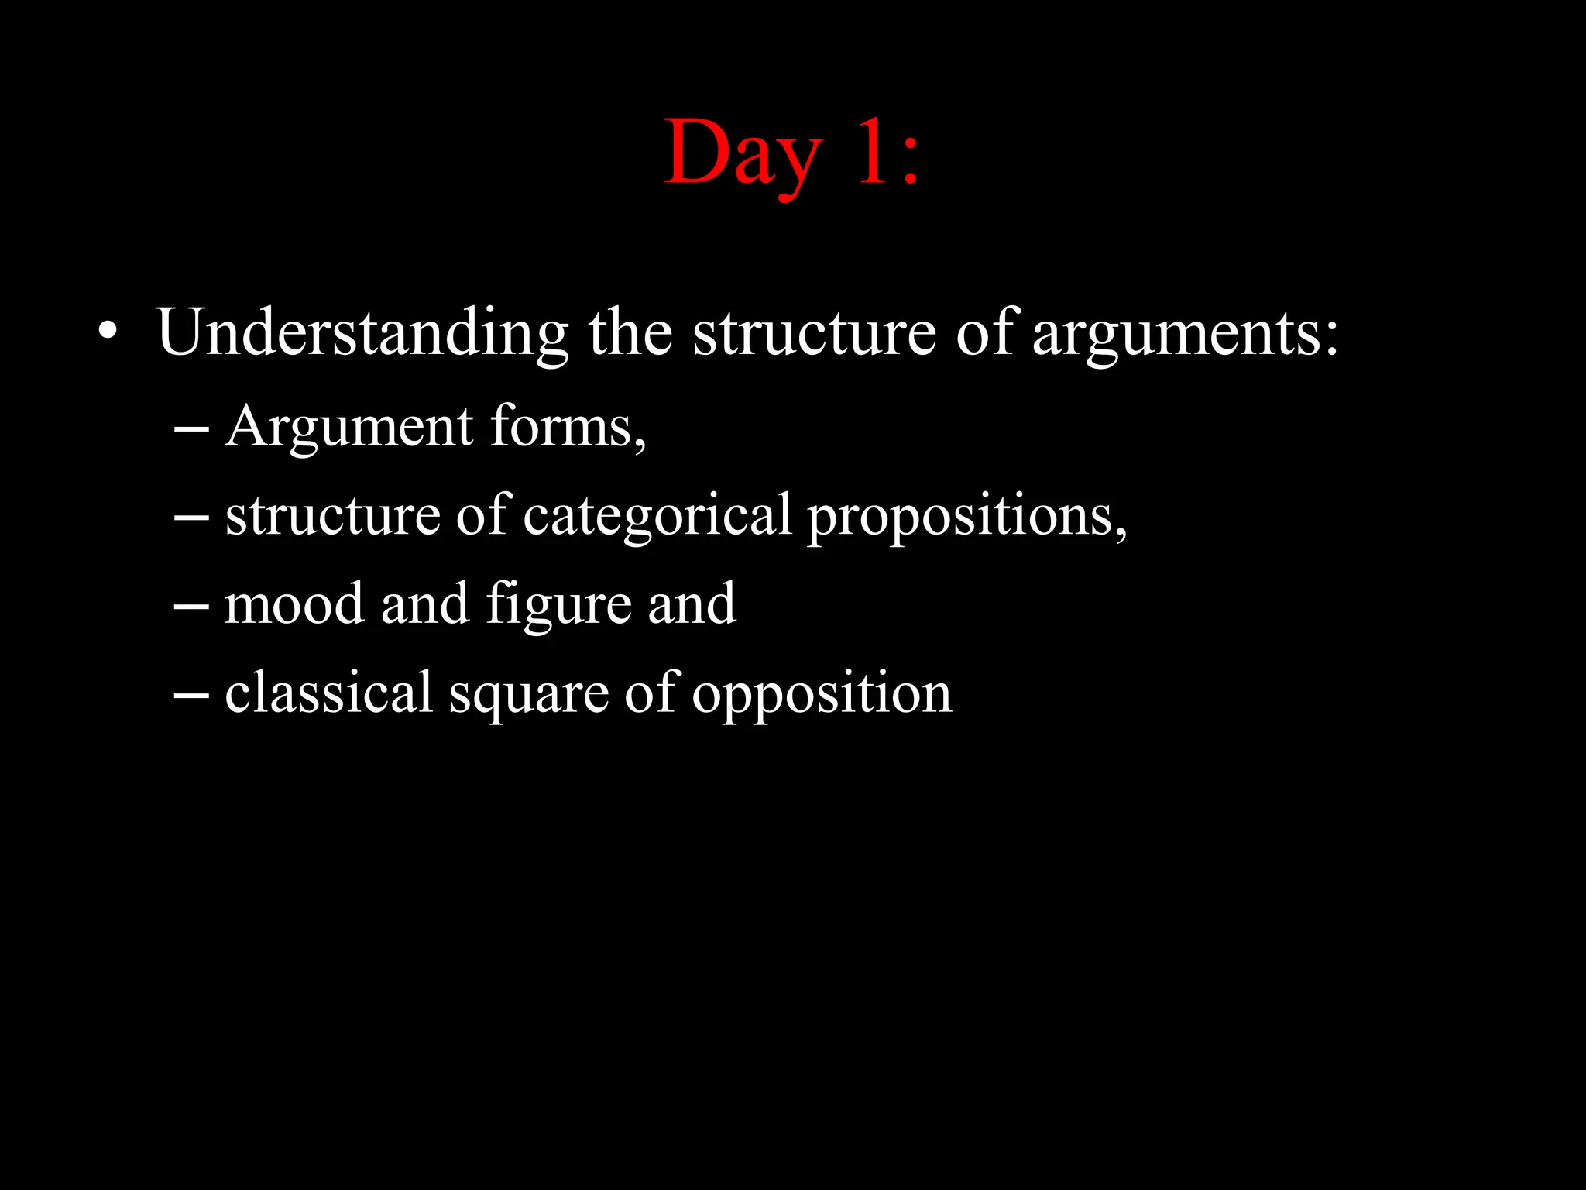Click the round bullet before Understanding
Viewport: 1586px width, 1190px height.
coord(108,332)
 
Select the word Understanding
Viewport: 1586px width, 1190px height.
coord(362,333)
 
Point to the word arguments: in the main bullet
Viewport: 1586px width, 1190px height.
coord(1185,335)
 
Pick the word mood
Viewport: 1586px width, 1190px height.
coord(294,604)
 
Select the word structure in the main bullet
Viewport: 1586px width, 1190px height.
coord(814,333)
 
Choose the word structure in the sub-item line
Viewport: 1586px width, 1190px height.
coord(332,515)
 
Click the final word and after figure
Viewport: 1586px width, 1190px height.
coord(692,604)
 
